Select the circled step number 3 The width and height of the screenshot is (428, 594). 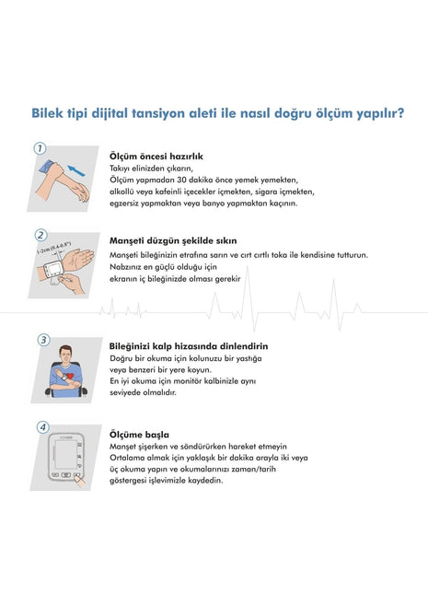click(42, 340)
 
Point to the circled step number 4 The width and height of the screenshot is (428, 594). click(42, 428)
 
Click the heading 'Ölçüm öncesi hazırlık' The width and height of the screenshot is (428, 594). click(156, 157)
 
